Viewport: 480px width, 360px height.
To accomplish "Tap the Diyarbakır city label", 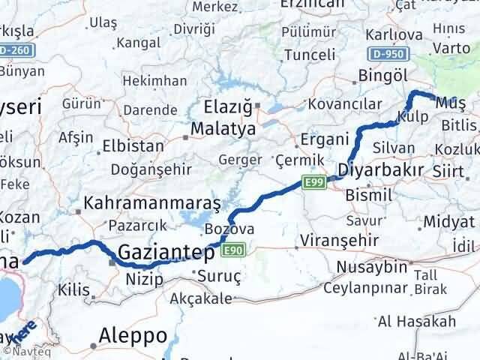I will pos(381,169).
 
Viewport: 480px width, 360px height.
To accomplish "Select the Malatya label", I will pos(223,129).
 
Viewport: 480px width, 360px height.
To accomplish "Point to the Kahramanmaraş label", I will pos(152,203).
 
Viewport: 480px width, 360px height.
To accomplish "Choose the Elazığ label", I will pos(229,106).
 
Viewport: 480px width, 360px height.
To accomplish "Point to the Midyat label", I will pos(449,221).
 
